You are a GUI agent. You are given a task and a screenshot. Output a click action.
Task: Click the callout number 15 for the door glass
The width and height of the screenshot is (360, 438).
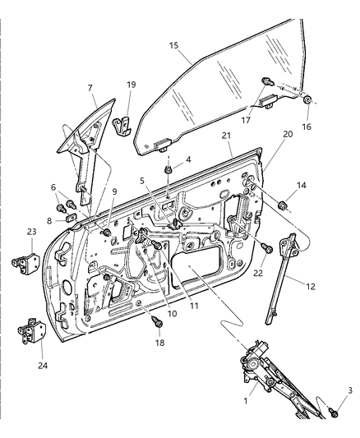(x=173, y=45)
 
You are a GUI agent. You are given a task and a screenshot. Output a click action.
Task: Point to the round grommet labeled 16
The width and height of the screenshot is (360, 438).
(x=307, y=100)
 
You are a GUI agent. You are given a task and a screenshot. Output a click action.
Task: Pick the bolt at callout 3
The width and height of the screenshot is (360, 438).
(x=334, y=413)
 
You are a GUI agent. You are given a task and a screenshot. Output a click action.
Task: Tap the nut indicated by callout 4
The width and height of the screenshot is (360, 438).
(x=168, y=169)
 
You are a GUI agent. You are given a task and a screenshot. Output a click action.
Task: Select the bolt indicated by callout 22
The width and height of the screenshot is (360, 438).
(x=267, y=248)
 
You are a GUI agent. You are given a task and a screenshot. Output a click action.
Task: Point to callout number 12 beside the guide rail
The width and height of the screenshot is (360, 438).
(x=311, y=287)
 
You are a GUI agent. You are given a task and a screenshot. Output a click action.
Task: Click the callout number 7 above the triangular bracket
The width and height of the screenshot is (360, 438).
(x=90, y=88)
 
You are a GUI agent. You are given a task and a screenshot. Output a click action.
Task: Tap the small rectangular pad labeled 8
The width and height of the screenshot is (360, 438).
(x=72, y=218)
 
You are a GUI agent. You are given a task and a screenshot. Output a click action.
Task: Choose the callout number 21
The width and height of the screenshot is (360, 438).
(x=226, y=136)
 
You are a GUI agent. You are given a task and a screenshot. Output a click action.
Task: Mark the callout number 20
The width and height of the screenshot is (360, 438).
(x=288, y=134)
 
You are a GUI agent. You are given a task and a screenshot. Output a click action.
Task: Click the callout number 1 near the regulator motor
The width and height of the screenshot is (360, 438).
(x=246, y=401)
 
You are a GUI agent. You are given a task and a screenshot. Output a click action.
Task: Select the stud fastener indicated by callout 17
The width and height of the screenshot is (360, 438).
(x=268, y=82)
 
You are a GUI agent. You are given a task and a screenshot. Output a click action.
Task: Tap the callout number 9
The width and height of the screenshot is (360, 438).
(x=114, y=191)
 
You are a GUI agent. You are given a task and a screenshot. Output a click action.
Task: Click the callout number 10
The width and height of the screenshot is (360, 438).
(x=173, y=314)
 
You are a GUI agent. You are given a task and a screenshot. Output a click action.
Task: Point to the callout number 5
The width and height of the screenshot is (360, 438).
(x=142, y=181)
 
